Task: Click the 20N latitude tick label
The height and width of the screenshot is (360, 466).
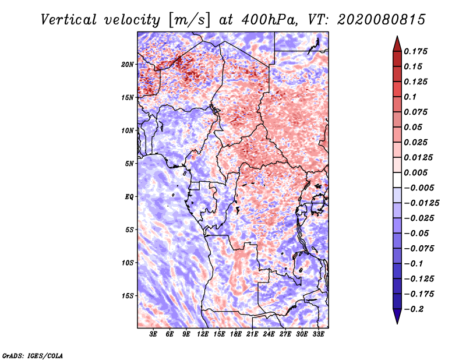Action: (x=128, y=64)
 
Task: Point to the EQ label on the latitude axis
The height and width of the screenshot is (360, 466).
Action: (x=129, y=196)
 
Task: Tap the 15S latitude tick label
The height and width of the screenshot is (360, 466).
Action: (x=128, y=296)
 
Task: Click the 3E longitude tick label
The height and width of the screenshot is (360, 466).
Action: (x=153, y=334)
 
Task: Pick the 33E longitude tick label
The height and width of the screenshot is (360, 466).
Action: (x=319, y=334)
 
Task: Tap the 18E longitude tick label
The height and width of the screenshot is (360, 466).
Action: (x=236, y=334)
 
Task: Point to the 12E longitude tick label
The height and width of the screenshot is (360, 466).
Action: (x=203, y=334)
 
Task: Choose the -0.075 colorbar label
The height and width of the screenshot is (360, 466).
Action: (x=418, y=248)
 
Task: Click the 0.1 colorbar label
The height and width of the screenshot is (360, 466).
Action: (x=411, y=97)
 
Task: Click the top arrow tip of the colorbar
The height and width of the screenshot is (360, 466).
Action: (x=396, y=38)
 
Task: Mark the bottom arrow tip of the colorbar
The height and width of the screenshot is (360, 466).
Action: (x=396, y=322)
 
